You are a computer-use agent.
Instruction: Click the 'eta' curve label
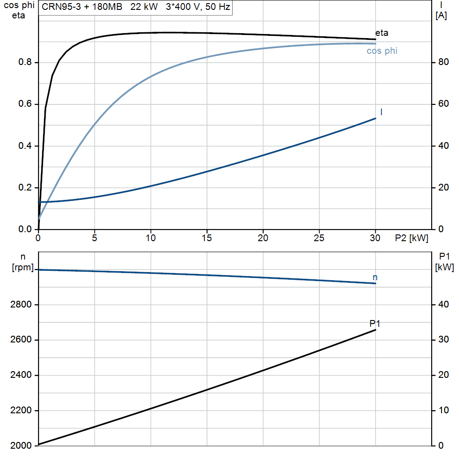click(382, 33)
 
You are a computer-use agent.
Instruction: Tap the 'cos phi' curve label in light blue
click(382, 51)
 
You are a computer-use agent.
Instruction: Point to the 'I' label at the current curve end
click(381, 112)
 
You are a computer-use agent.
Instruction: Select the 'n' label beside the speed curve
click(375, 277)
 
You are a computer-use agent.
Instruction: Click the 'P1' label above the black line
click(375, 324)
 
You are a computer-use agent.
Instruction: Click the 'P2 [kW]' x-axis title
click(411, 238)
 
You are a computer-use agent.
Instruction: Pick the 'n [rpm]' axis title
click(23, 262)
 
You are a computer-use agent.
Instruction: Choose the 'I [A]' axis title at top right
click(441, 11)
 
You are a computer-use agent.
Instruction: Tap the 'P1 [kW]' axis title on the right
click(444, 262)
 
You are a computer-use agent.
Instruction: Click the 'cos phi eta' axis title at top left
click(19, 10)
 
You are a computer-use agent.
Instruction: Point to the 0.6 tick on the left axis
click(25, 104)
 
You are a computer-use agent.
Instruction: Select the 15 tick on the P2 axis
click(207, 238)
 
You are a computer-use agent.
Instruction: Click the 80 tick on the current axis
click(443, 62)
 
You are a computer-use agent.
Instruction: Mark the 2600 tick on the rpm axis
click(21, 340)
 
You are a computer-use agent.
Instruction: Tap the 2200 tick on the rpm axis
click(21, 411)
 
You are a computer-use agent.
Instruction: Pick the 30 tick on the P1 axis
click(443, 340)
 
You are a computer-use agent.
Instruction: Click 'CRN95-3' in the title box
click(61, 7)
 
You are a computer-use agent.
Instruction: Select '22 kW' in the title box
click(144, 7)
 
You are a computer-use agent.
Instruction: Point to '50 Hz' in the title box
click(217, 7)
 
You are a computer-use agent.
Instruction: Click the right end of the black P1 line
click(376, 330)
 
